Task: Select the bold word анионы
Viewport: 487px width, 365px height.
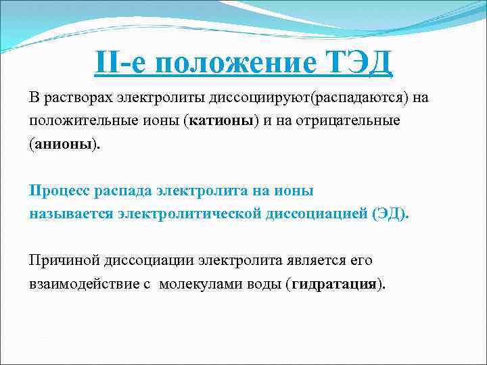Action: pos(64,145)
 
